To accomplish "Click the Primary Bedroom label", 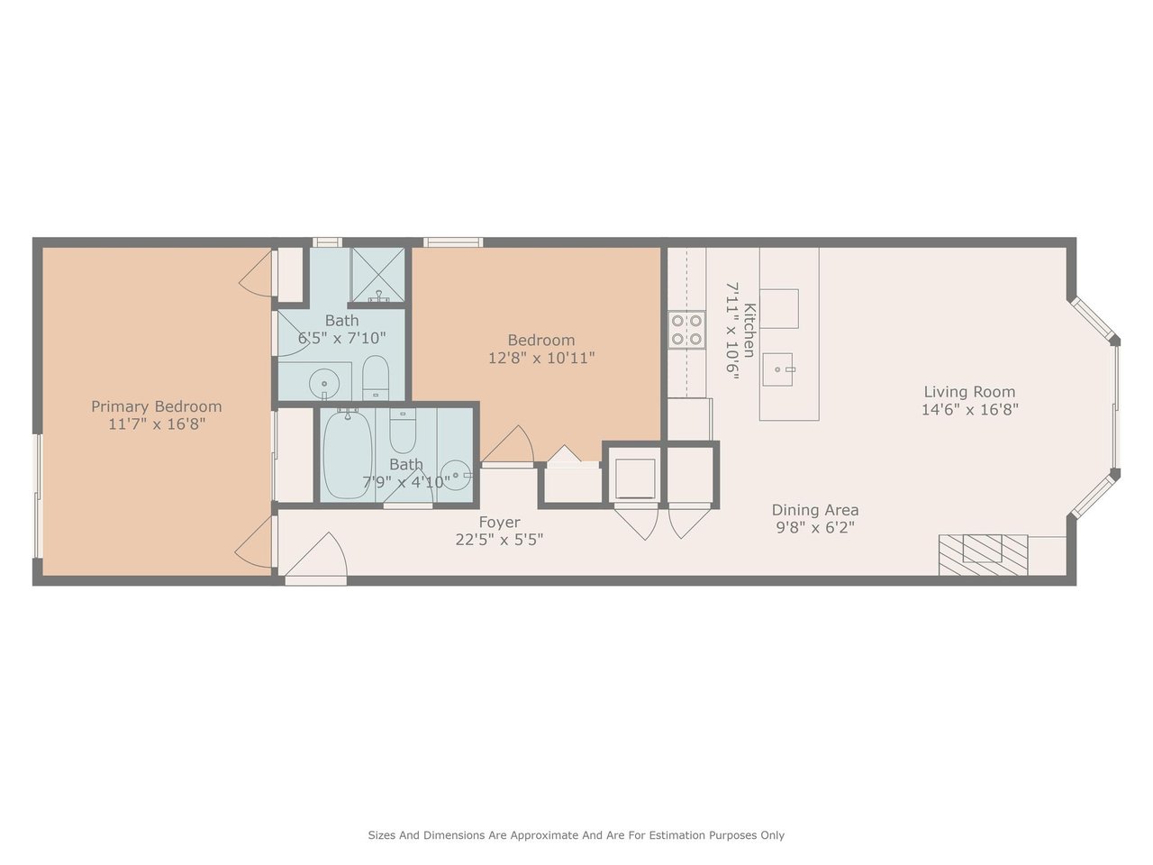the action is (157, 407).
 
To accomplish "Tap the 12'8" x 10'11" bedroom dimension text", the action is (541, 359).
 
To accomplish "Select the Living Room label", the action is (969, 392).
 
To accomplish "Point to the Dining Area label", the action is (815, 510).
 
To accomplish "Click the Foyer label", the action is (500, 522).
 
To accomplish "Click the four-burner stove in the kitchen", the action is (686, 330).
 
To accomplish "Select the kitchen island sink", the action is (777, 369).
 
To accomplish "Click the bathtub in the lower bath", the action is (348, 455).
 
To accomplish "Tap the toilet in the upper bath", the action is (376, 378).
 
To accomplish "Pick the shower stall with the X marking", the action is (377, 275).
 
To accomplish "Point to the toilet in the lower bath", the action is (403, 431).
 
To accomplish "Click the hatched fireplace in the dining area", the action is (983, 555).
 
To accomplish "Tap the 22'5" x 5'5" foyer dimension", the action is (499, 540).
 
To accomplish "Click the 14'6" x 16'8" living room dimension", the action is (969, 410).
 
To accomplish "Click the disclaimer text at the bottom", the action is (576, 835).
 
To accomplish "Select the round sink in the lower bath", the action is (455, 476).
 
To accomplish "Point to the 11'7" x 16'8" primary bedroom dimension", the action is (157, 424).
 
